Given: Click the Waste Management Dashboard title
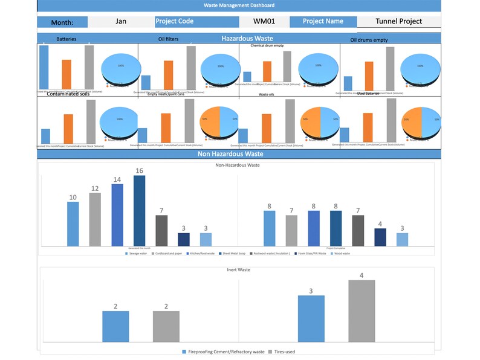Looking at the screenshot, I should click(239, 5).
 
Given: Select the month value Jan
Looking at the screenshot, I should click(121, 21).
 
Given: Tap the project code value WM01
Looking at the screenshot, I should click(265, 21).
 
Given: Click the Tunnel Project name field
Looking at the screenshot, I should click(398, 21).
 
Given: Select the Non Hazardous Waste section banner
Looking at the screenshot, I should click(239, 154).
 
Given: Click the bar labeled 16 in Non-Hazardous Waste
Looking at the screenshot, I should click(139, 211).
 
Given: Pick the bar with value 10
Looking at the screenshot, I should click(73, 223).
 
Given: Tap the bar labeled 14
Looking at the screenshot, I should click(117, 214).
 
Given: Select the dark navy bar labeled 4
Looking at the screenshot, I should click(380, 237).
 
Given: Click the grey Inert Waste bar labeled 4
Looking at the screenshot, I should click(362, 312).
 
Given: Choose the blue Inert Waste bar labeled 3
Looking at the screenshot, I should click(311, 319).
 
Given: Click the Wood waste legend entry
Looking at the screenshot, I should click(340, 254).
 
